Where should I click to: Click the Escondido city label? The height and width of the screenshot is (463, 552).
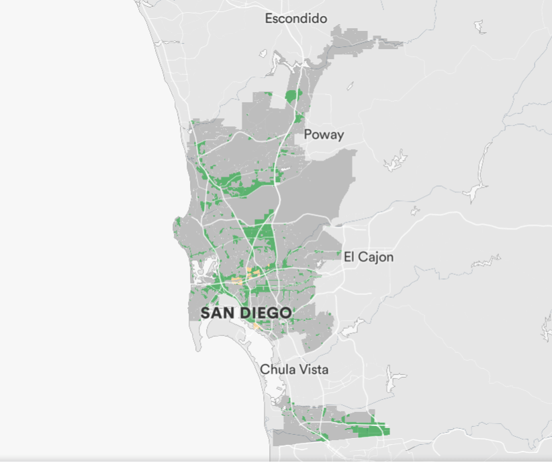296,18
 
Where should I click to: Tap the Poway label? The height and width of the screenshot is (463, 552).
324,134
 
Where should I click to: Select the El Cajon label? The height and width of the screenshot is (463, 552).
369,257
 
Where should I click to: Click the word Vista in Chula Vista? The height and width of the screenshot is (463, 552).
314,370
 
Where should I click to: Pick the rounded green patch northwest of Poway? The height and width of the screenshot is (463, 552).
293,96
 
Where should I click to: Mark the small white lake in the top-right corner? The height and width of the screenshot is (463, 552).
479,26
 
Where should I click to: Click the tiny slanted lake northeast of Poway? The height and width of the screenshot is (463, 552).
350,86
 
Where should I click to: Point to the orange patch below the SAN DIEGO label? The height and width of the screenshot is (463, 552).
256,327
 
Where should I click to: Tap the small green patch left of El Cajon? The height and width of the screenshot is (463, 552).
336,254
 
